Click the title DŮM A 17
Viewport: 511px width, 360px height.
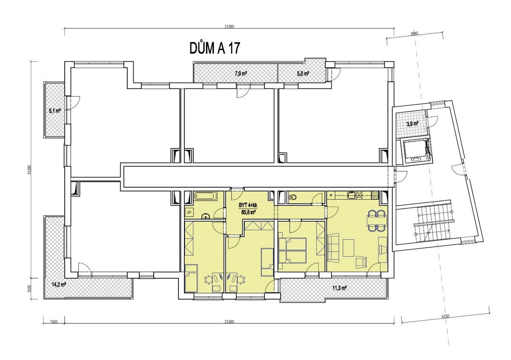click(215, 49)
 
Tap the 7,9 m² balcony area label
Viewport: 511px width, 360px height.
click(241, 74)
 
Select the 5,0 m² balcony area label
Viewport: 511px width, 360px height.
click(303, 74)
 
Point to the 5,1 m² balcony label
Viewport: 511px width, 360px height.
click(55, 111)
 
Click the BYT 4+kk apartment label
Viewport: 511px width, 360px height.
click(248, 206)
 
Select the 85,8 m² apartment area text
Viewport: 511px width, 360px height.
click(248, 212)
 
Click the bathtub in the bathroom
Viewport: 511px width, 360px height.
click(206, 197)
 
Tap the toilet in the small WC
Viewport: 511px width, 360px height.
click(293, 197)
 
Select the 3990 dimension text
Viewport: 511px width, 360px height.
click(414, 34)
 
